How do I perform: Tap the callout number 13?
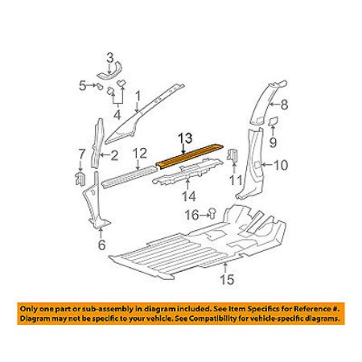click(185, 138)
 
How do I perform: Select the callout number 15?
click(227, 279)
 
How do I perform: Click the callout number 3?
click(110, 59)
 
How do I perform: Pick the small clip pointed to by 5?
click(100, 87)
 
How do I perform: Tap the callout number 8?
click(284, 105)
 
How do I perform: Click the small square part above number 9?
click(274, 121)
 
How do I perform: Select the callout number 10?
click(281, 165)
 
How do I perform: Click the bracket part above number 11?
click(232, 155)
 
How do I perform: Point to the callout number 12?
click(140, 154)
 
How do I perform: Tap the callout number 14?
click(189, 196)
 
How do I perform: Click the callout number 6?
click(101, 245)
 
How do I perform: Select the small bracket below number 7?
click(80, 179)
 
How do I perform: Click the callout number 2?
click(114, 155)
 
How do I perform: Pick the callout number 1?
click(138, 97)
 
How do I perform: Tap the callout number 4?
click(117, 115)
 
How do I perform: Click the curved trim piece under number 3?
click(110, 72)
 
